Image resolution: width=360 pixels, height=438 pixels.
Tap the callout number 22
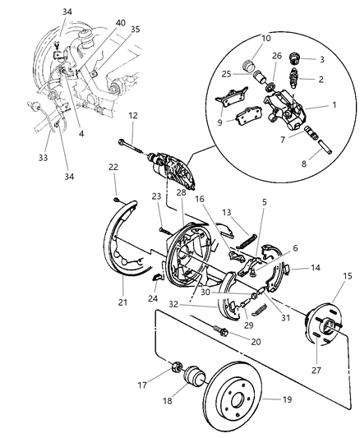(113, 167)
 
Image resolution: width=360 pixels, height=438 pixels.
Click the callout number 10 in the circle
(242, 39)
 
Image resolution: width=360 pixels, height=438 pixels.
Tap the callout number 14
(316, 267)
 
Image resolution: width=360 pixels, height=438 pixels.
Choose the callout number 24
(153, 298)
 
